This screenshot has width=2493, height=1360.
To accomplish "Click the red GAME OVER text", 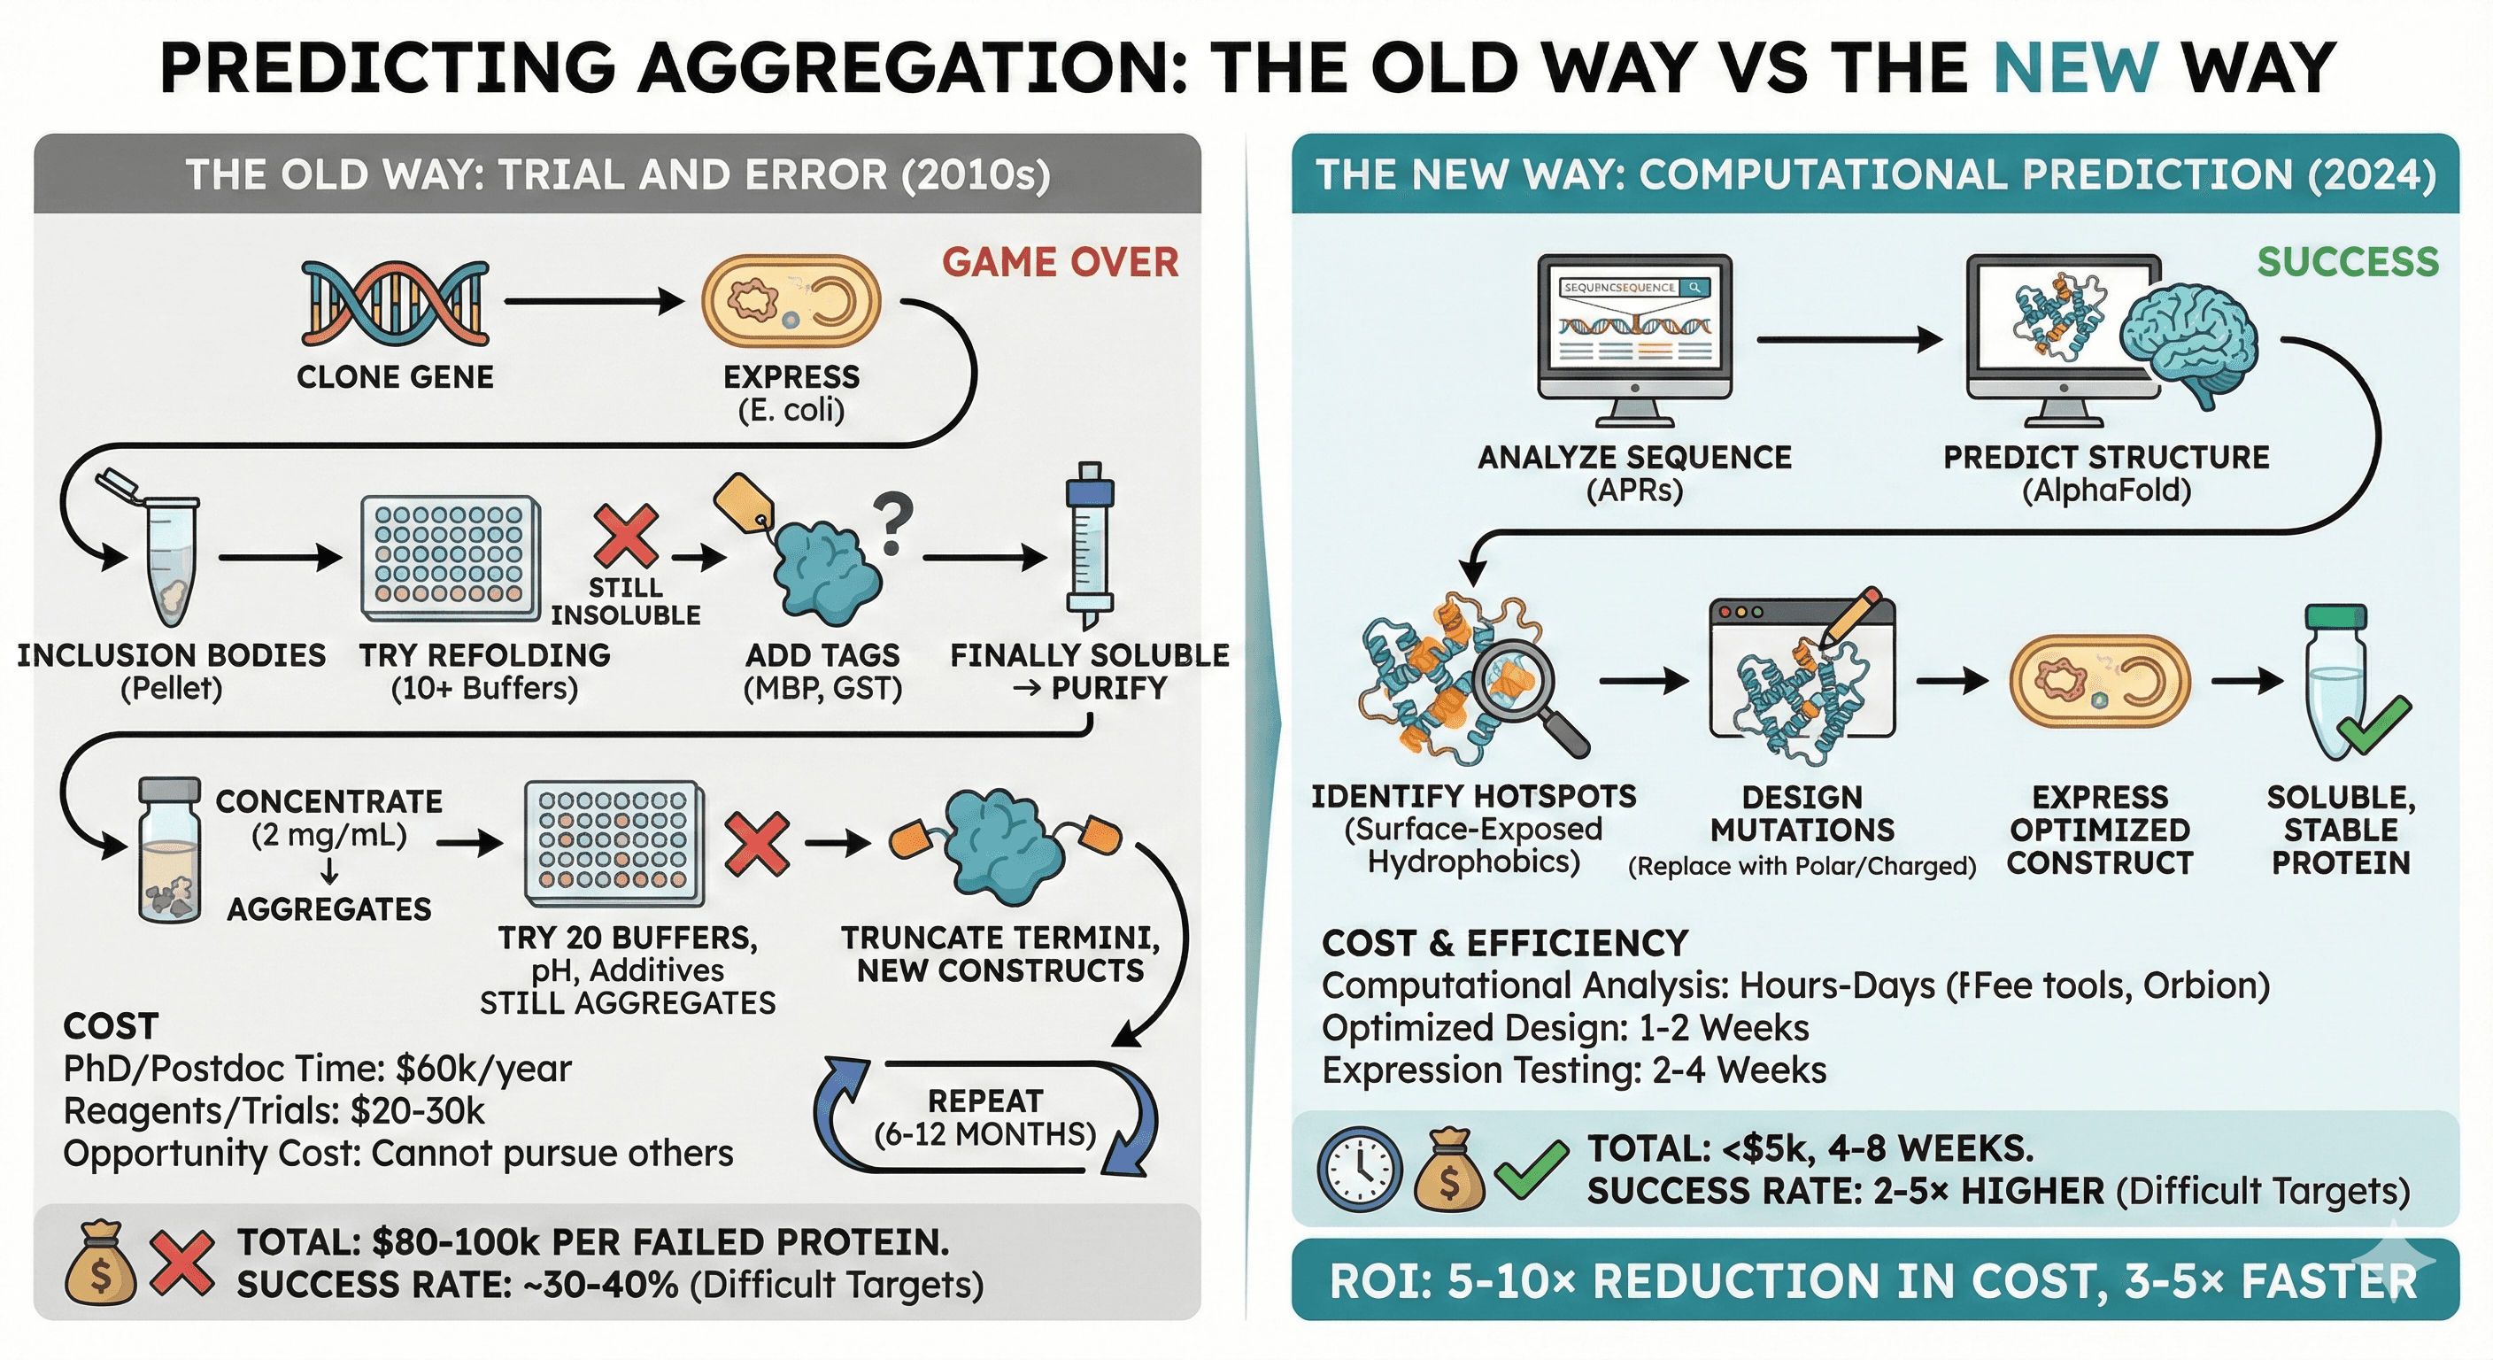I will [x=1060, y=262].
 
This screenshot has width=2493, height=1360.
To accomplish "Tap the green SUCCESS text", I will [x=2348, y=262].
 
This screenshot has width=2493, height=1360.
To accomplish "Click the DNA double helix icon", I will [x=395, y=302].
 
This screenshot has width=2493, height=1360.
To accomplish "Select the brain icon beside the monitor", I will [x=2189, y=344].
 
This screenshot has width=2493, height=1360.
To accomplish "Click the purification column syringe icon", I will [x=1090, y=547].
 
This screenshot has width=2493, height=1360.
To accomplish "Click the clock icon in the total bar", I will [x=1359, y=1170].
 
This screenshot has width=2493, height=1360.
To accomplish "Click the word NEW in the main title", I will [x=2075, y=68].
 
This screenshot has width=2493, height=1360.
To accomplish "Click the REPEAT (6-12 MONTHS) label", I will [x=985, y=1117].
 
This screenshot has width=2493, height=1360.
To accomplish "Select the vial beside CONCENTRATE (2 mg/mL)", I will [x=169, y=849].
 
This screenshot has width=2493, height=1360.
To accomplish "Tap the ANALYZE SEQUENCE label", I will [x=1634, y=457].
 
